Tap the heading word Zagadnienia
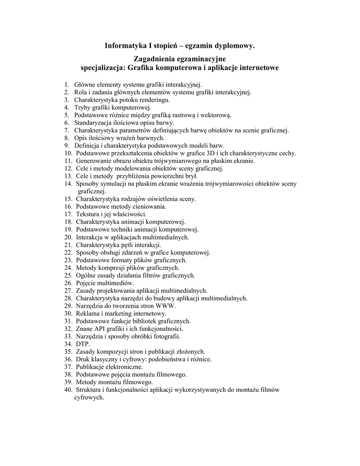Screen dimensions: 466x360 [x=157, y=60]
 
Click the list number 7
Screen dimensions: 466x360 [x=66, y=131]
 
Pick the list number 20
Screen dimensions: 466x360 [x=68, y=237]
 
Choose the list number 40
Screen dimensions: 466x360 [x=68, y=390]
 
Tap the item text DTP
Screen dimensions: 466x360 [x=83, y=344]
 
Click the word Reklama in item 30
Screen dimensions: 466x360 [x=87, y=314]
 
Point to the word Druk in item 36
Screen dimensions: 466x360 [x=82, y=359]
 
